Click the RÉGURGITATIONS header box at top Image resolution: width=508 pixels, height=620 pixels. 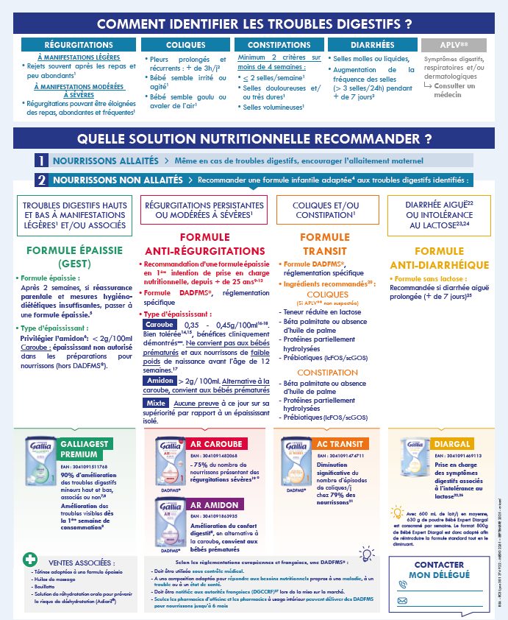click(x=74, y=46)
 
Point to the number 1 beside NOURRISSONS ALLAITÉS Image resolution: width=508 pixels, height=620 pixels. click(x=43, y=161)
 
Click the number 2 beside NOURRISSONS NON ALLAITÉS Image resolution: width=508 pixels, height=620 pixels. click(x=43, y=179)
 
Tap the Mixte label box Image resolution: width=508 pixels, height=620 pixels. click(x=156, y=404)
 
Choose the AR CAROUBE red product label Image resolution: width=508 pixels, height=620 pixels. click(x=216, y=445)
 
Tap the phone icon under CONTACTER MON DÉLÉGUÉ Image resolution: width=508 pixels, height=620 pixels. click(x=403, y=585)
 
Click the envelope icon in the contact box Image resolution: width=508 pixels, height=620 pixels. click(x=403, y=600)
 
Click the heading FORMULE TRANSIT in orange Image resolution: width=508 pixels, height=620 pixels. click(x=325, y=244)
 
